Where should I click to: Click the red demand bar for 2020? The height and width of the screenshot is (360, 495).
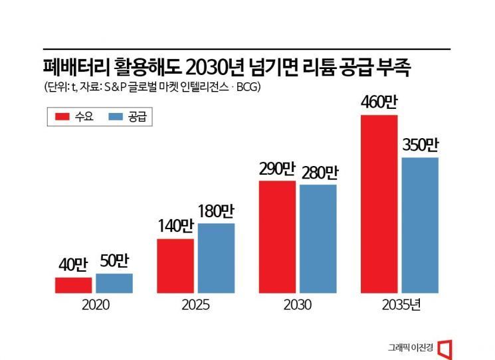point(73,285)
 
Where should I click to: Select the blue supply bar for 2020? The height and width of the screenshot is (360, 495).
point(114,283)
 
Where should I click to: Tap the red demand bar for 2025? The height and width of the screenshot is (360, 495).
point(175,265)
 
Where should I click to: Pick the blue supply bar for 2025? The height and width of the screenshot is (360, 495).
point(216,258)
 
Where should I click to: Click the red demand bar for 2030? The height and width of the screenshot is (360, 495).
point(277,236)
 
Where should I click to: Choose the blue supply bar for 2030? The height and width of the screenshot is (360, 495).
point(318,238)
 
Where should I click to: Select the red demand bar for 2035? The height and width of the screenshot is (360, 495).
point(379,203)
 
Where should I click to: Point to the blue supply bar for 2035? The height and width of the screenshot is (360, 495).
point(420,225)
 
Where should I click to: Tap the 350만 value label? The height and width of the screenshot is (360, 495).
point(420,146)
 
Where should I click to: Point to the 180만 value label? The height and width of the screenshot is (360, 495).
point(216,213)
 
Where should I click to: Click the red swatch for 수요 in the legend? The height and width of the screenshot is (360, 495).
point(62,118)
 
